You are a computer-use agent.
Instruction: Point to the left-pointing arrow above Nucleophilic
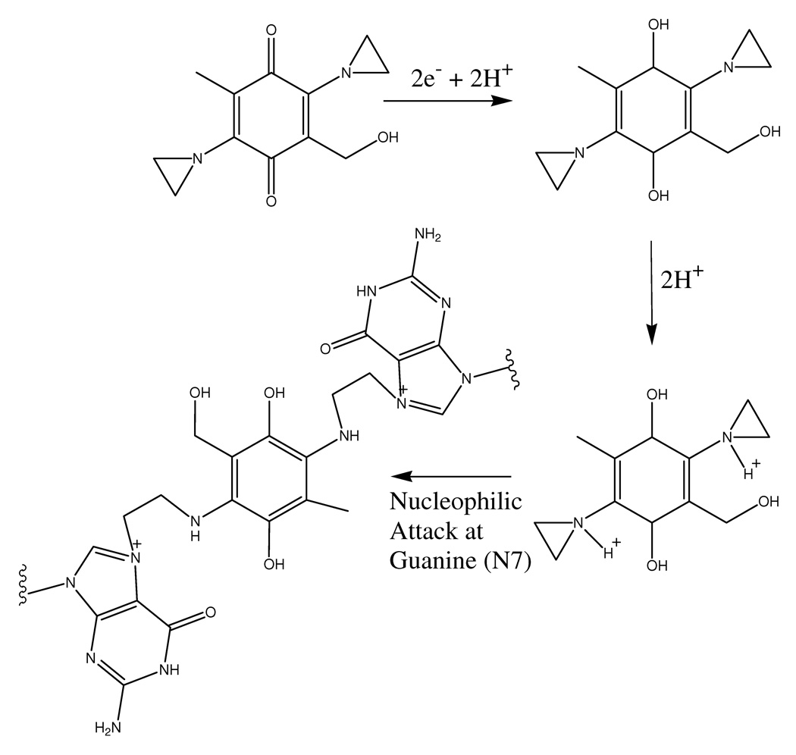pyautogui.click(x=452, y=477)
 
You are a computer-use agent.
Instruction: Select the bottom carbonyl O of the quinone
pyautogui.click(x=271, y=200)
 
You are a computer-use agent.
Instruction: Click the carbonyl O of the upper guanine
pyautogui.click(x=326, y=349)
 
